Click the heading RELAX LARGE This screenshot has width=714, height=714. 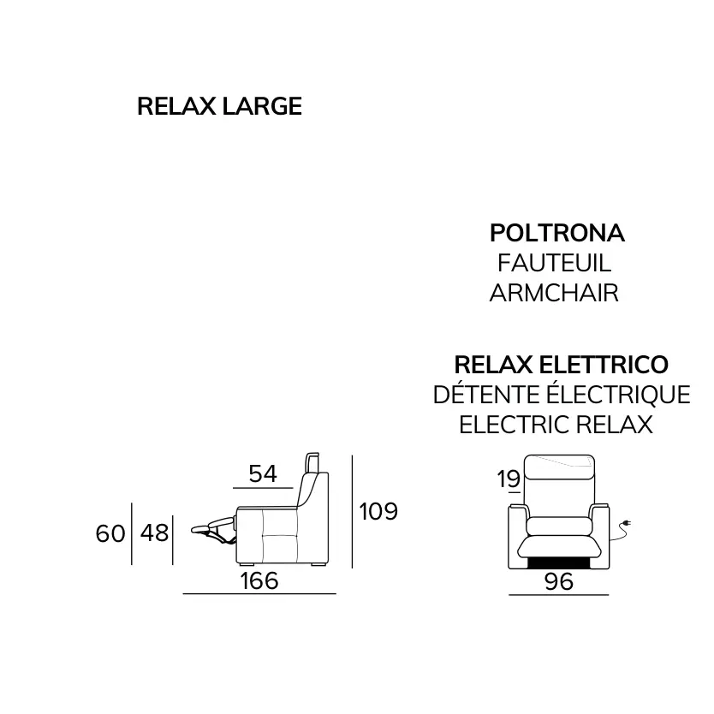219,106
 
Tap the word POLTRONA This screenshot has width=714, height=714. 556,233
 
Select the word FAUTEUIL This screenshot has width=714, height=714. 554,263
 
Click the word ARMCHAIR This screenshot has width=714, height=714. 554,293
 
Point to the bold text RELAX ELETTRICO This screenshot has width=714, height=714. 562,365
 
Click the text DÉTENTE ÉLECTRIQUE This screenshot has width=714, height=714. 562,394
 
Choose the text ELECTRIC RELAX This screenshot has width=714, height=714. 556,425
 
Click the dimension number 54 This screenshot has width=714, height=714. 263,473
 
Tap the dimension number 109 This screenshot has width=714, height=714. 378,511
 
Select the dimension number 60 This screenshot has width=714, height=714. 110,533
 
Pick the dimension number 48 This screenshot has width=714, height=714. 154,533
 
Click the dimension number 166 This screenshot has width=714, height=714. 259,580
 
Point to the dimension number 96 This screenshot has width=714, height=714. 559,581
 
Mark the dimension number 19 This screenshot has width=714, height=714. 509,479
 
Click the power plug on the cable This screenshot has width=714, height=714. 627,524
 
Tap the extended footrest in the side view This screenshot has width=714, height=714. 212,527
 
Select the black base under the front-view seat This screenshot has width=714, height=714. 559,562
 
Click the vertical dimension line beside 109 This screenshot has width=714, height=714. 352,511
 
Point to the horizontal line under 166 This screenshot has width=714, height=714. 259,594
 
